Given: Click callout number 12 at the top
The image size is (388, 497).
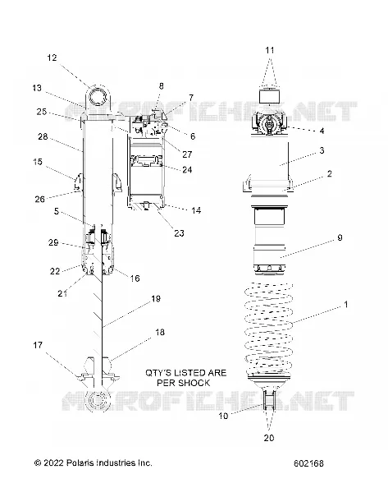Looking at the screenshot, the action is click(52, 58).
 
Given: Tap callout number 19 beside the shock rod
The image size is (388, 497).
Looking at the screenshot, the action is click(156, 298).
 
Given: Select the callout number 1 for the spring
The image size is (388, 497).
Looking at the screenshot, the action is click(345, 305).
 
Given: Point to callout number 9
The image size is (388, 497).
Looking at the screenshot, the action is click(340, 237).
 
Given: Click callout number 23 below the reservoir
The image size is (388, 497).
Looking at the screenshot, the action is click(179, 233).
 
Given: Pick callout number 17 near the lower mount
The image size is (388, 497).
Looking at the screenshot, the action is click(38, 345).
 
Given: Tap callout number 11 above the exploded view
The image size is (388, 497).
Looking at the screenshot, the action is click(270, 50).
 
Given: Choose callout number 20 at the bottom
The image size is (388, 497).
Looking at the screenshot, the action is click(269, 438).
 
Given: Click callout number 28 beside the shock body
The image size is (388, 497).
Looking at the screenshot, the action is click(43, 136).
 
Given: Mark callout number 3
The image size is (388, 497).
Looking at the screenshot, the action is click(322, 150).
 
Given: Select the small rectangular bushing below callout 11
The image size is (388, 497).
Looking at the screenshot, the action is click(269, 96).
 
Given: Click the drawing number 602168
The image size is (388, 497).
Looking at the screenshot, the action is click(308, 463).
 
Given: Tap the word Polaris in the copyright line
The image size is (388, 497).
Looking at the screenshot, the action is click(80, 462).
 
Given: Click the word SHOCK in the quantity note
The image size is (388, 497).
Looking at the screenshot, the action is click(194, 383).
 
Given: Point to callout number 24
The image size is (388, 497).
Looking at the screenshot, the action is click(187, 169).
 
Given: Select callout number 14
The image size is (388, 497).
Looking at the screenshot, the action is click(196, 210).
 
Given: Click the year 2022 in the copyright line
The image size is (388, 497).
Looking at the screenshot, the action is click(54, 462).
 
